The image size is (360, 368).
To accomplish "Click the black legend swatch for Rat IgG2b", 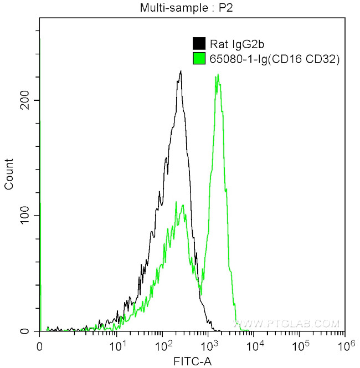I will [x=198, y=44].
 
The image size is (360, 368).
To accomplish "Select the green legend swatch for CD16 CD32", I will [x=198, y=58].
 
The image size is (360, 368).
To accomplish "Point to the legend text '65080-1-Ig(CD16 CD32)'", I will [x=274, y=58].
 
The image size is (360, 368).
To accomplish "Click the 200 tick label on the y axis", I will [x=24, y=100].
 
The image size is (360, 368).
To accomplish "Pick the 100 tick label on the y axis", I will [x=24, y=216].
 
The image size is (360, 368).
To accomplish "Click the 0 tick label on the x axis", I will [x=39, y=346].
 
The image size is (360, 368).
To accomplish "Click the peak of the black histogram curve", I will [x=181, y=71].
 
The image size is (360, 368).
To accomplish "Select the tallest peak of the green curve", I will [x=218, y=74].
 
